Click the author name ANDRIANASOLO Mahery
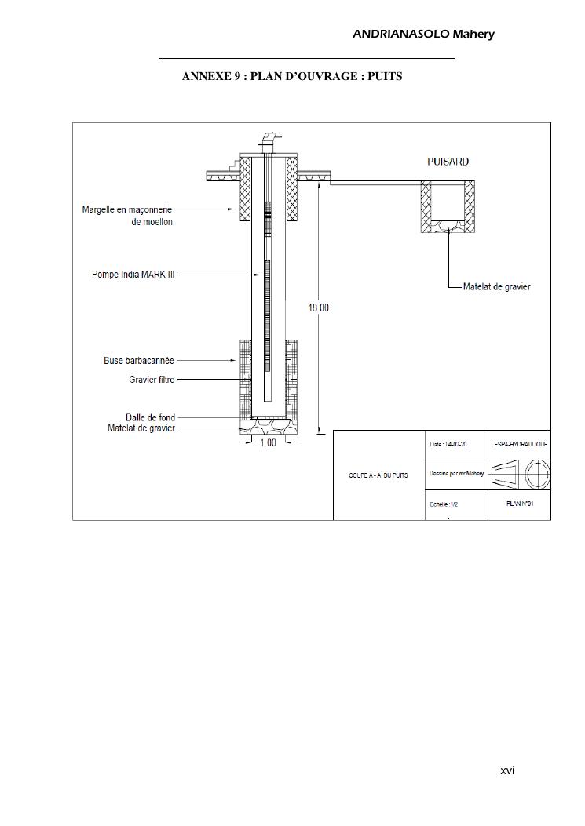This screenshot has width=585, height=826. [x=423, y=34]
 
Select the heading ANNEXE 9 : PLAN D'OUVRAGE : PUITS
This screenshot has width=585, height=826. [x=292, y=77]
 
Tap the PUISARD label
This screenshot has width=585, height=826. [x=448, y=162]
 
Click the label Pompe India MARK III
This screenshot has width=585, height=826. [x=133, y=275]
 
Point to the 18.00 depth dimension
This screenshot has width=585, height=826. [x=318, y=307]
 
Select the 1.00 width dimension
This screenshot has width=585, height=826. [x=268, y=442]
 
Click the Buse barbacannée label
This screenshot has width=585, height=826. [x=139, y=361]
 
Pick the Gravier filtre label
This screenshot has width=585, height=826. [x=152, y=380]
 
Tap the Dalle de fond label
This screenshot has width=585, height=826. [x=150, y=417]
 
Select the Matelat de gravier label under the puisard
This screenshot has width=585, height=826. [x=496, y=286]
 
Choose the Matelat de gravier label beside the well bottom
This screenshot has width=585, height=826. [x=141, y=428]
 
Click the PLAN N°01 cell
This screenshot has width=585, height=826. [x=521, y=504]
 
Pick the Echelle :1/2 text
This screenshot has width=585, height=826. [x=444, y=504]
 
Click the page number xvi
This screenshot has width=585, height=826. [x=507, y=771]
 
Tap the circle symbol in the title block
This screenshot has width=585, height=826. [x=538, y=475]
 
